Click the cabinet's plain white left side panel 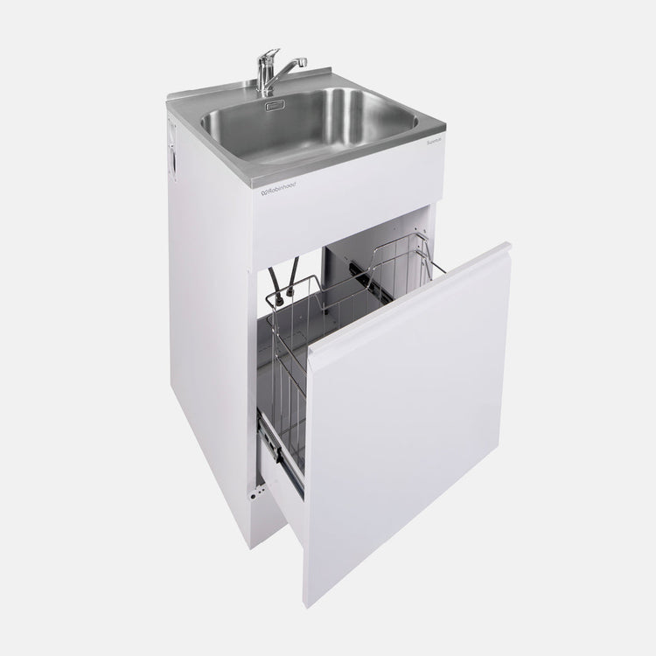210,350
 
